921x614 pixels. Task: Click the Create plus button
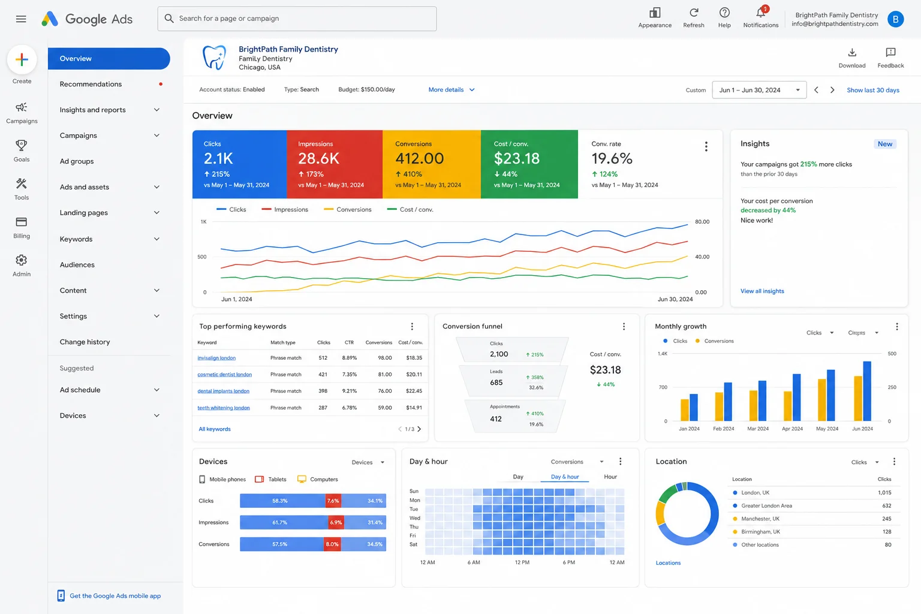click(x=22, y=59)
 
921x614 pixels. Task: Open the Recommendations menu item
click(x=91, y=84)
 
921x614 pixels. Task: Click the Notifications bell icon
click(x=761, y=13)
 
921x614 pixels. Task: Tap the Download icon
click(x=852, y=53)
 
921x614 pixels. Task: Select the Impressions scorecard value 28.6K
click(x=318, y=158)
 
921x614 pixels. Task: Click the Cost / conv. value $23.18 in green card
click(x=516, y=158)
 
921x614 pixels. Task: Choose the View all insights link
click(x=762, y=291)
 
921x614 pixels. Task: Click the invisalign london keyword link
click(x=216, y=358)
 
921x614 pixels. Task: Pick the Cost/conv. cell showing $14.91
click(x=414, y=408)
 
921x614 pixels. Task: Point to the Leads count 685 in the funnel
click(x=496, y=383)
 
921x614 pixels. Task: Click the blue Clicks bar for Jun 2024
click(x=866, y=391)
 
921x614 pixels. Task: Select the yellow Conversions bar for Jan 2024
click(x=685, y=410)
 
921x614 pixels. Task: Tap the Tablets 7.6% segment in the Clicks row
click(x=333, y=501)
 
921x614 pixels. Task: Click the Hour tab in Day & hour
click(x=610, y=477)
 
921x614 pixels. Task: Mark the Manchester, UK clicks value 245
click(x=886, y=519)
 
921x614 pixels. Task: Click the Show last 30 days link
click(x=872, y=90)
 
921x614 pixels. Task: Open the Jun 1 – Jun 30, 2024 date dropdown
click(x=759, y=90)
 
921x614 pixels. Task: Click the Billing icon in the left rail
click(x=22, y=222)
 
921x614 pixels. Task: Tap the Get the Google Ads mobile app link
click(x=115, y=595)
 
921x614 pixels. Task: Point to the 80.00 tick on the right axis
click(x=702, y=222)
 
